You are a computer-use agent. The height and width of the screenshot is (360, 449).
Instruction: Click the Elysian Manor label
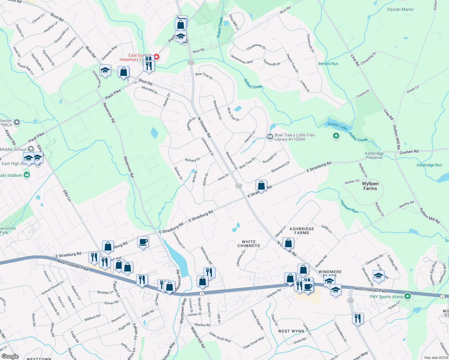400,10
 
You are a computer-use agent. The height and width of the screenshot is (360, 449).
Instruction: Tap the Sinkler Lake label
337,126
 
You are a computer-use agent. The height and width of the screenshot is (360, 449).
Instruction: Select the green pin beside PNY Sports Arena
407,297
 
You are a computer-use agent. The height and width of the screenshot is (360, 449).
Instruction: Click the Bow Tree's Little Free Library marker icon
270,137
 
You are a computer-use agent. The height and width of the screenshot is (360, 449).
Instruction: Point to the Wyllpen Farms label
370,186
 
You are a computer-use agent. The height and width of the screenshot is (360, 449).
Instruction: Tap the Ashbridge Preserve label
374,155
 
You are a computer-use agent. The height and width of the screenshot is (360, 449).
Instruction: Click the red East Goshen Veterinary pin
156,57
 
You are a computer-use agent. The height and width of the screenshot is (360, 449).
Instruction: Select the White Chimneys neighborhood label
249,244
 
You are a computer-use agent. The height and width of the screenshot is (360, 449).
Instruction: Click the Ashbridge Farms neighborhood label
302,231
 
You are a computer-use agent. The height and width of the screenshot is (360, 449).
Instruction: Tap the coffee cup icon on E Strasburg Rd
143,242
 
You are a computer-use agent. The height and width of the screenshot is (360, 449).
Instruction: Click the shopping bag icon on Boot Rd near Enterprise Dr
124,72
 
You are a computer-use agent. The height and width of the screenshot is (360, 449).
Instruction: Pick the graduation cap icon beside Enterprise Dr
105,71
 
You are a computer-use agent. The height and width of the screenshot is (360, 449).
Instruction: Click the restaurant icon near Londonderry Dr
357,318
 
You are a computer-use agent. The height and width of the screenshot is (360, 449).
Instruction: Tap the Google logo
10,356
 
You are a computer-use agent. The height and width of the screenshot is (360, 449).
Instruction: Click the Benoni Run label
328,64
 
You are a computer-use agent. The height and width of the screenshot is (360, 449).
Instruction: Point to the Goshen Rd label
409,152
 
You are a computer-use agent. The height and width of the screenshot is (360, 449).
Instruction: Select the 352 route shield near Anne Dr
239,186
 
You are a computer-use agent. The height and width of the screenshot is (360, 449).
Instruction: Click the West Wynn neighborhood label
291,331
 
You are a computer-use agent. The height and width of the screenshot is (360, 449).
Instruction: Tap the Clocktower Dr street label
256,47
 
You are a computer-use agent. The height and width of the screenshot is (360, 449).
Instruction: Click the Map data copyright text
435,358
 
